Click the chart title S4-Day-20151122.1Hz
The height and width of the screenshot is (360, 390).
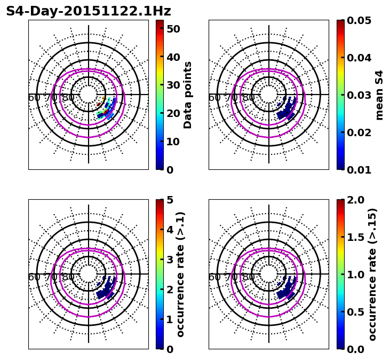click(x=89, y=11)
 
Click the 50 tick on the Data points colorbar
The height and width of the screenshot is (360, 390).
click(x=173, y=29)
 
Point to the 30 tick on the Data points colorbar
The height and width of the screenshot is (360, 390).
click(x=173, y=85)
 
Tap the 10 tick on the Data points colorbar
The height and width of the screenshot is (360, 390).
click(x=173, y=142)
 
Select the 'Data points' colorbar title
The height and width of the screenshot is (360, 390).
click(x=188, y=95)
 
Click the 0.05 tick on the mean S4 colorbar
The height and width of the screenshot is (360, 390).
click(x=358, y=20)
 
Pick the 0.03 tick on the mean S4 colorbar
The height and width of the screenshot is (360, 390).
click(x=358, y=95)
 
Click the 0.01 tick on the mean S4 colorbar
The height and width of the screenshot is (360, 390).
click(x=358, y=169)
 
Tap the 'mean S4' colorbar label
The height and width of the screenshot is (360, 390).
click(x=379, y=95)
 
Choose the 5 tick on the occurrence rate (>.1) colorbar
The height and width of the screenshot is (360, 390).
click(x=170, y=200)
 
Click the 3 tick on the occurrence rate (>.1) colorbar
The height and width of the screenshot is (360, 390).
click(x=170, y=260)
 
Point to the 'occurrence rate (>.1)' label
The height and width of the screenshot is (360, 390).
click(x=180, y=275)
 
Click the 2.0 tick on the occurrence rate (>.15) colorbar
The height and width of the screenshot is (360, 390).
click(x=355, y=200)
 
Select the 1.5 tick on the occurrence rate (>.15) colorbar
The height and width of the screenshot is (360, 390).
click(x=355, y=237)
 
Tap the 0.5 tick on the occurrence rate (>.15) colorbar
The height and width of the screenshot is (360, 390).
click(x=355, y=312)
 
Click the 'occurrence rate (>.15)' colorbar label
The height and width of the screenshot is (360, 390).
click(x=372, y=275)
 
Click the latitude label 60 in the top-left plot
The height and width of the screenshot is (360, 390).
click(x=34, y=98)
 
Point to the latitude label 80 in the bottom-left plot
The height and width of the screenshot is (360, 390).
click(x=68, y=277)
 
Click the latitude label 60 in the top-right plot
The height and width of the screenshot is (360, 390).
click(x=214, y=98)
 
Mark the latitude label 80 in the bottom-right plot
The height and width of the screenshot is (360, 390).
click(x=249, y=277)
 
